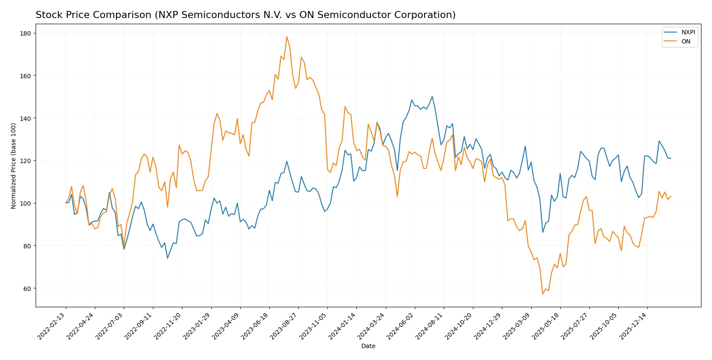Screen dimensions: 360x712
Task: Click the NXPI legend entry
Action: [x=688, y=32]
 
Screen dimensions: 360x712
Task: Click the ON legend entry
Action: [x=686, y=41]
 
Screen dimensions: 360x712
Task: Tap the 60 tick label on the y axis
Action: [x=27, y=289]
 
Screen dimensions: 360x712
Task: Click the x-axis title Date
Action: [x=368, y=346]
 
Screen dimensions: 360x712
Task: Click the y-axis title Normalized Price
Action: [x=14, y=166]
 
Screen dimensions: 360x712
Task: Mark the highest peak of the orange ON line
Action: [x=287, y=36]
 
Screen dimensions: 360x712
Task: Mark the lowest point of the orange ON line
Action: [x=543, y=294]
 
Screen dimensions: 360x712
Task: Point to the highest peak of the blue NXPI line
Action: [x=432, y=97]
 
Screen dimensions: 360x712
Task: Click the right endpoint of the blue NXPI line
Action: [x=671, y=158]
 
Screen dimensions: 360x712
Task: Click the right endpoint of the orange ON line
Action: [x=671, y=196]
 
